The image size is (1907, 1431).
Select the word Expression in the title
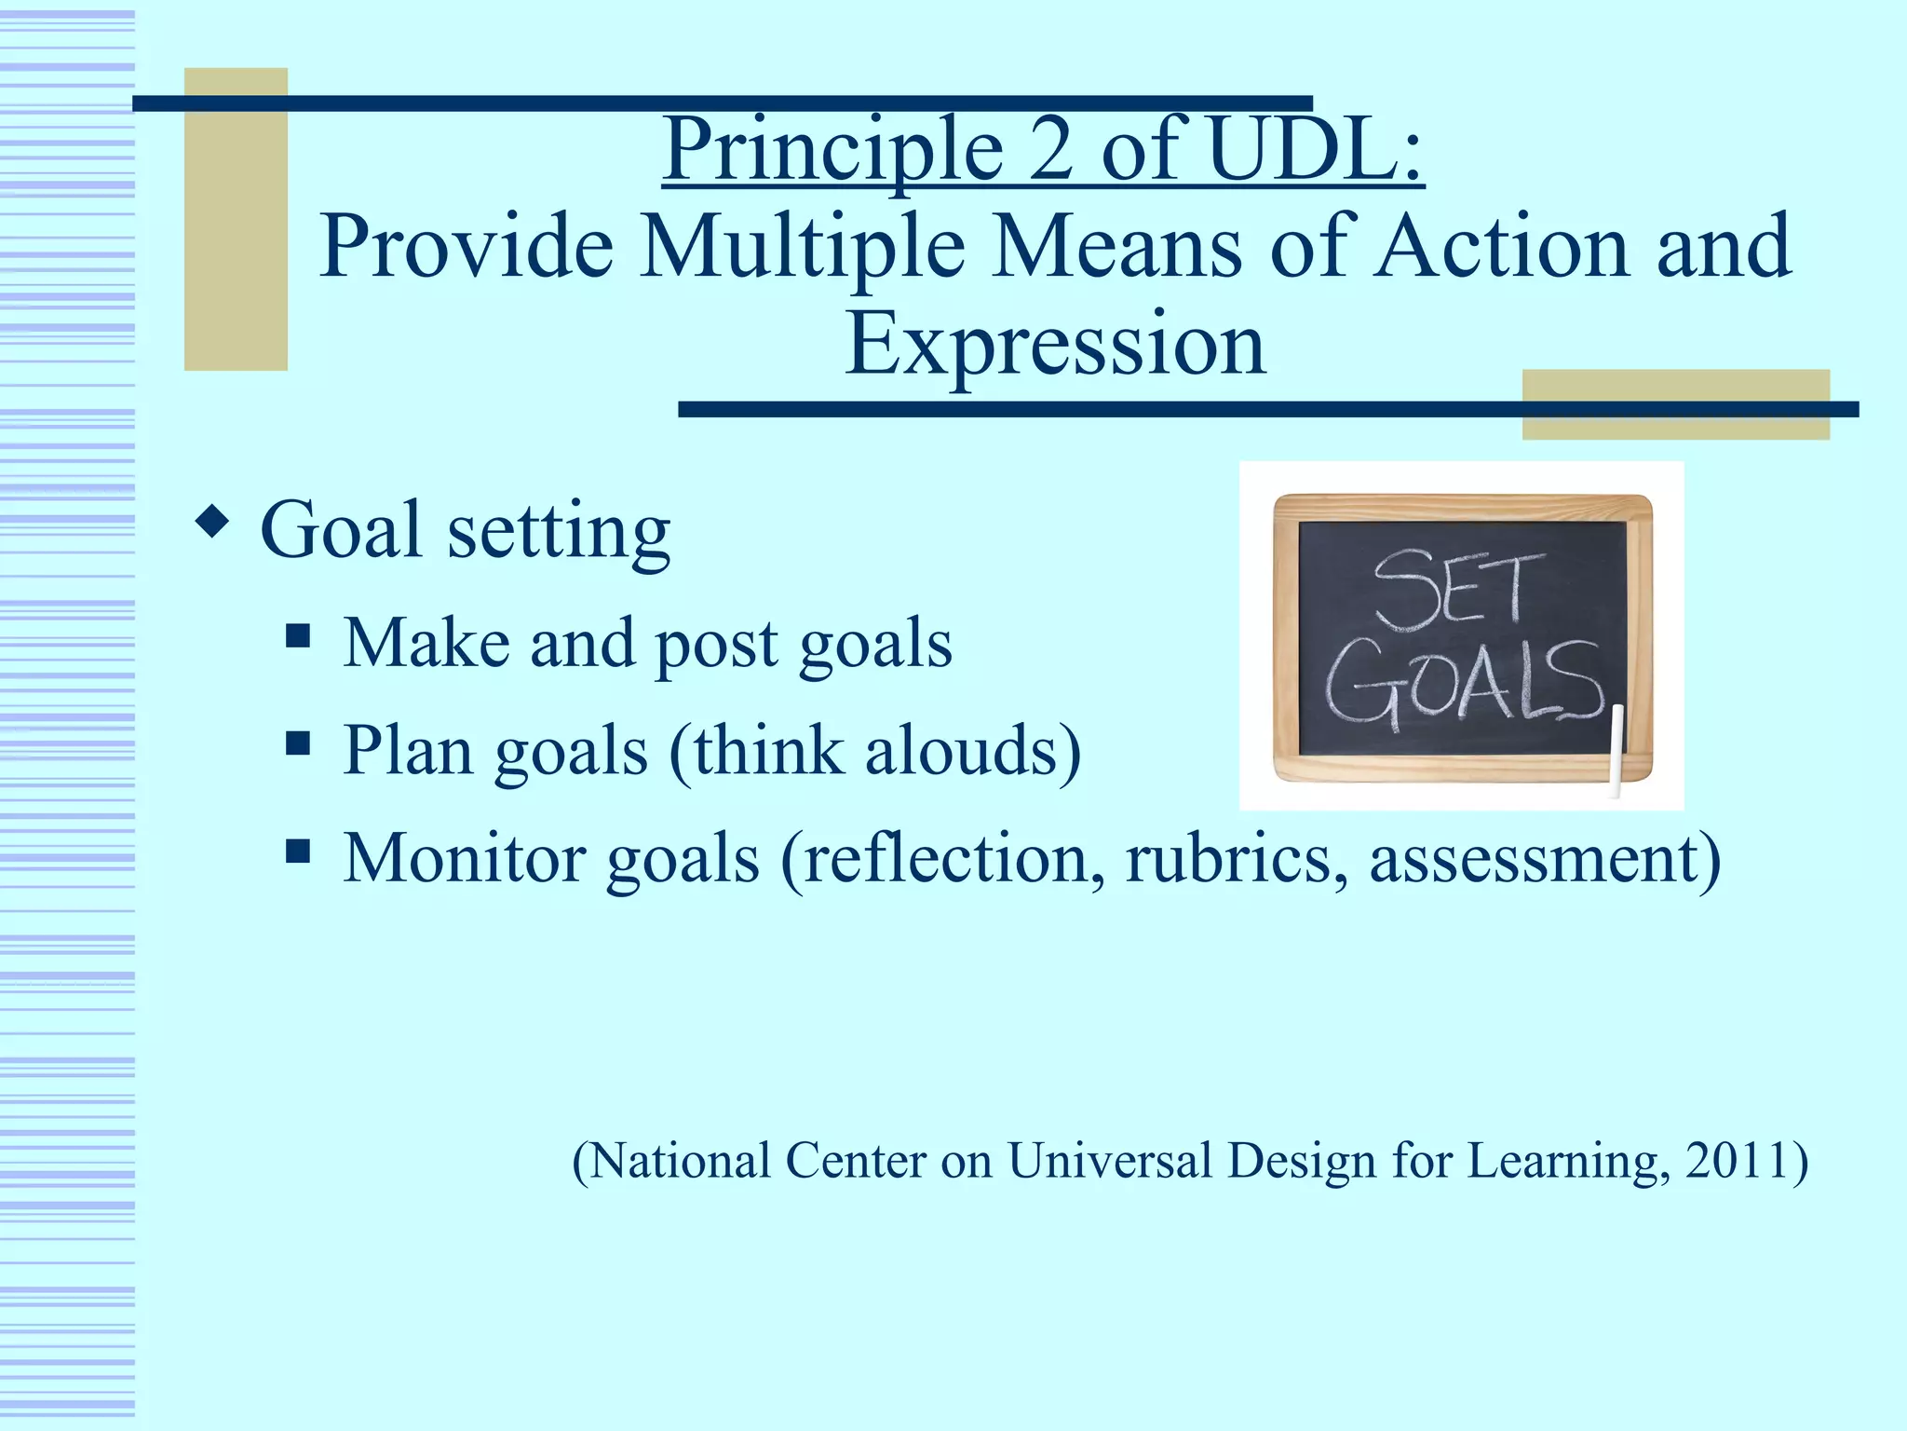(1055, 345)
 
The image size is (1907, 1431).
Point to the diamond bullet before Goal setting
(213, 523)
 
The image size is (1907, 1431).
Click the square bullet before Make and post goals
(298, 637)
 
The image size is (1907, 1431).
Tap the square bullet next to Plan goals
(298, 743)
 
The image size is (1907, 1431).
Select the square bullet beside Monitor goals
(298, 851)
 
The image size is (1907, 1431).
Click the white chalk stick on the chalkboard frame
(1617, 750)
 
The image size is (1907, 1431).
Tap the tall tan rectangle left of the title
(236, 219)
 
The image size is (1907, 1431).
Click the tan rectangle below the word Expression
(1675, 404)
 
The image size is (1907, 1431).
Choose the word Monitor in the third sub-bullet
(463, 857)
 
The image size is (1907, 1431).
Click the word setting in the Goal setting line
(558, 531)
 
